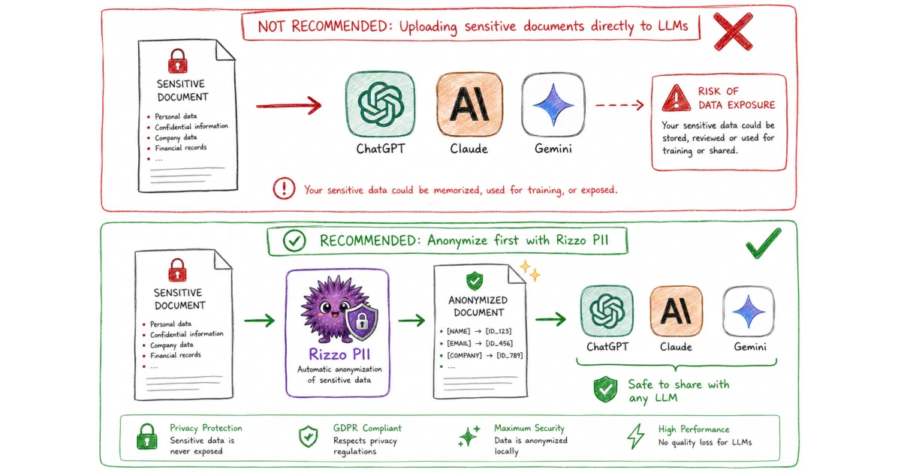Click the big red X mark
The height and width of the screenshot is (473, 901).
(733, 32)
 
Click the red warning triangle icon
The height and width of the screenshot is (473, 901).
(677, 98)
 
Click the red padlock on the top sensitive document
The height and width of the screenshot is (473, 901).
(177, 61)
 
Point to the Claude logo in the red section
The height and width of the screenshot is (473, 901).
(469, 104)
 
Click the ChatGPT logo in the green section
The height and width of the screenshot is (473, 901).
(607, 311)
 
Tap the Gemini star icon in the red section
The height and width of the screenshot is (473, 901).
(553, 104)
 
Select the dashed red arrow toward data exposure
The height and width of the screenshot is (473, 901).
(619, 105)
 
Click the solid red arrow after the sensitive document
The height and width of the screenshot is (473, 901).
(289, 106)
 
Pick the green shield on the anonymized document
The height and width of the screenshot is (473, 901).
(475, 281)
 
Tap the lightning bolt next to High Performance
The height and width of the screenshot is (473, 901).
(636, 435)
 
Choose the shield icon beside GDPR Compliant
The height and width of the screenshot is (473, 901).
(309, 436)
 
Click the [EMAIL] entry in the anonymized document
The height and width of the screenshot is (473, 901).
(459, 344)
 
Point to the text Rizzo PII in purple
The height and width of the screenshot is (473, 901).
(339, 354)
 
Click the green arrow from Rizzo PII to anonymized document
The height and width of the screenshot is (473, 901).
(411, 321)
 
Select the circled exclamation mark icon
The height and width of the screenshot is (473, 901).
(284, 188)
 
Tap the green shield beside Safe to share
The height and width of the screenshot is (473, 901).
(605, 390)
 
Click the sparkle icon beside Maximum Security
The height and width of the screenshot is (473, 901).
(469, 435)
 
